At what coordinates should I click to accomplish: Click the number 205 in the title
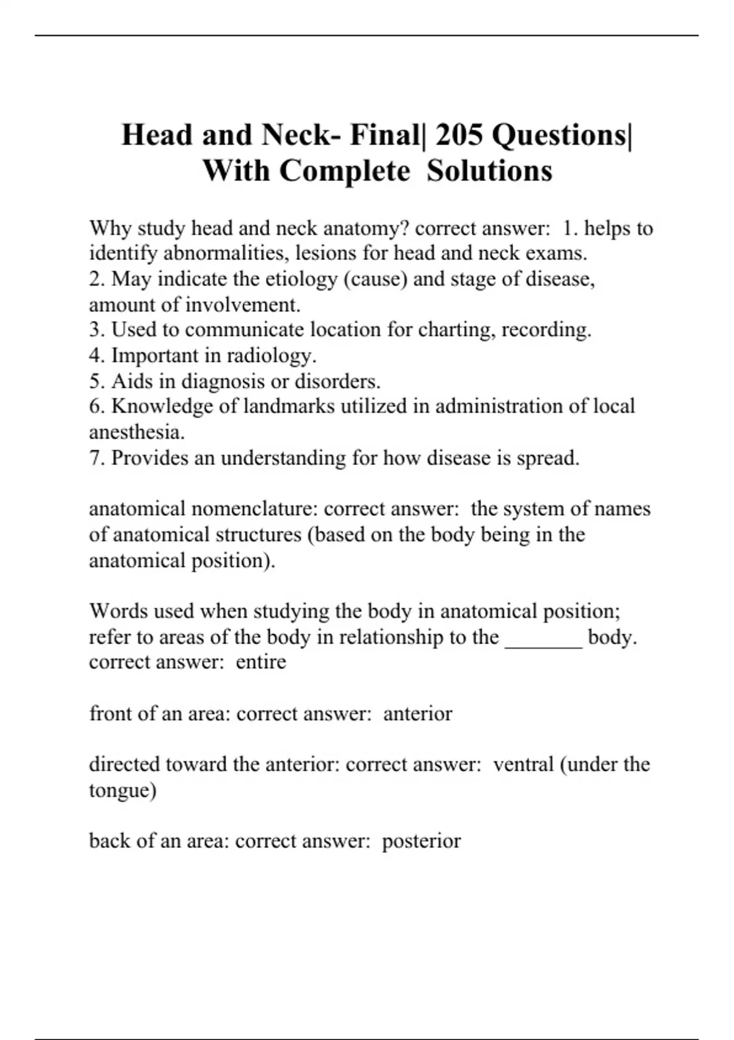pos(459,135)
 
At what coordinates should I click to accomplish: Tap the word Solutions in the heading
pos(489,171)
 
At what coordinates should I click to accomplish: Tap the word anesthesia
pos(137,432)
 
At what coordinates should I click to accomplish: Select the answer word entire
pos(261,662)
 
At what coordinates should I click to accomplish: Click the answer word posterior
pos(421,841)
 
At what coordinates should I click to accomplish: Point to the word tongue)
pos(122,790)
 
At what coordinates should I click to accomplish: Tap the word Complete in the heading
pos(345,171)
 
